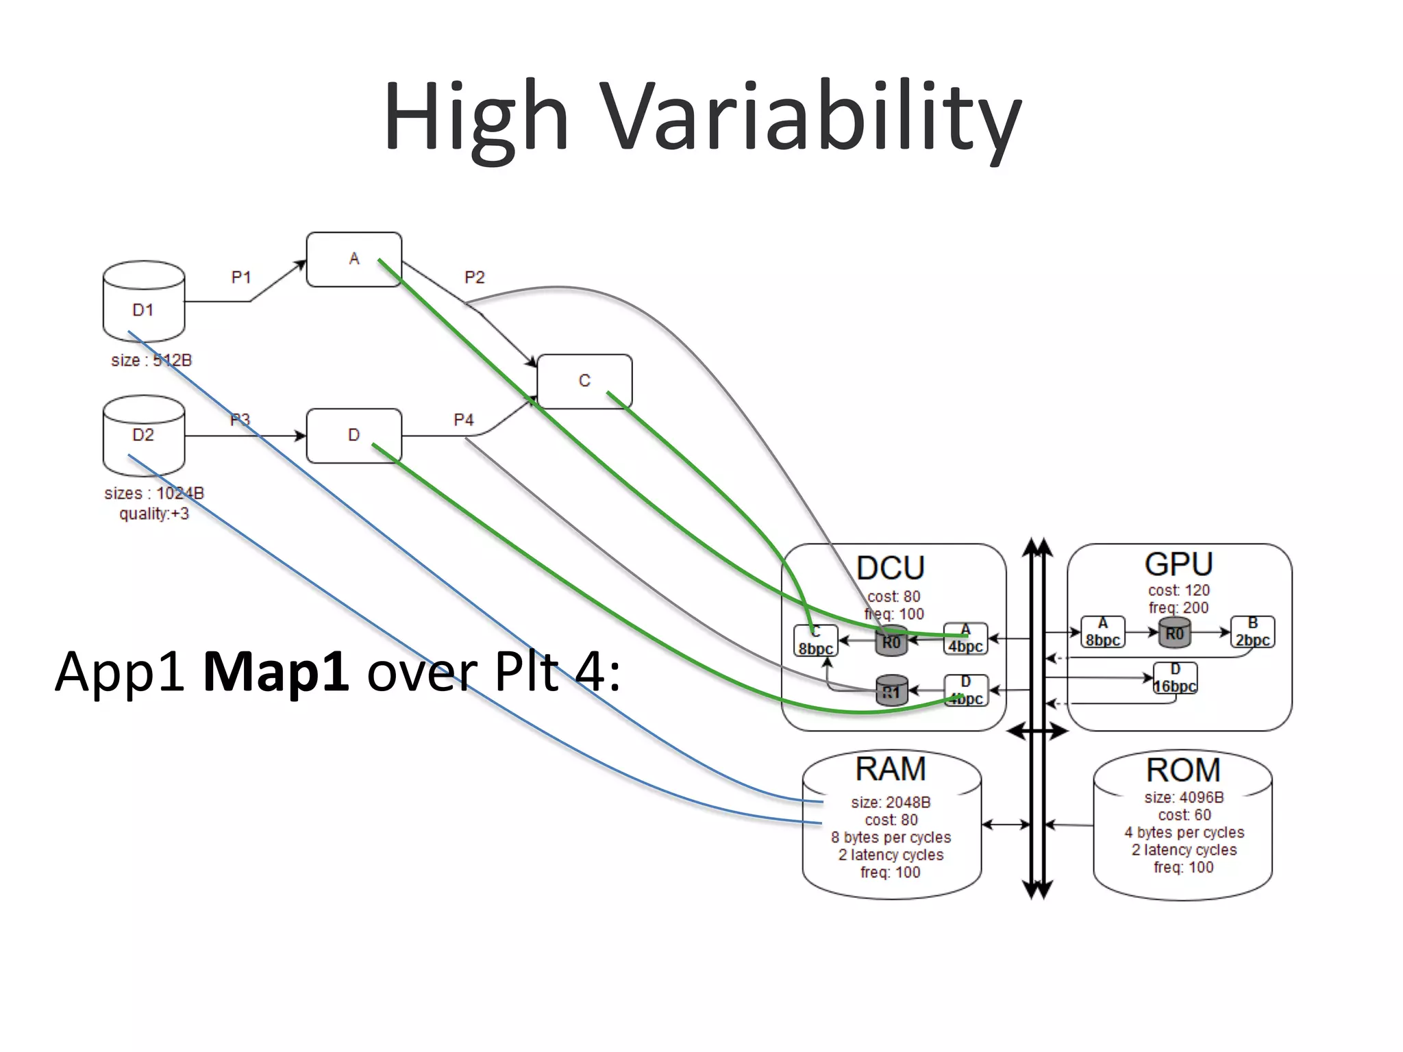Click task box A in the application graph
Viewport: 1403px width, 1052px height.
(353, 259)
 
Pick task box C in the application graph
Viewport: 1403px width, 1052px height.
(584, 381)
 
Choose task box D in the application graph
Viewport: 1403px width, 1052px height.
(353, 435)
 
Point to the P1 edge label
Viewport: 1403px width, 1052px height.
(241, 277)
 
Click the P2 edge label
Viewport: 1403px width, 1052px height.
(474, 277)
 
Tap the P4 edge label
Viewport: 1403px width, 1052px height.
(464, 419)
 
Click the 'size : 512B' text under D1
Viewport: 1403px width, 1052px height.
(151, 360)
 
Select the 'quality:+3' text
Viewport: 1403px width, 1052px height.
(154, 514)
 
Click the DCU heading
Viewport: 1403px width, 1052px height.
(890, 568)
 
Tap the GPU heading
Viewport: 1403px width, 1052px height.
(1178, 564)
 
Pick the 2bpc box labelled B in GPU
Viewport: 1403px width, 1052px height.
(1252, 632)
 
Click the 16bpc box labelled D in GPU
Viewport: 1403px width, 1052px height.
(1175, 679)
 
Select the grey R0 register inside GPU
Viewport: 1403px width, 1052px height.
(1174, 634)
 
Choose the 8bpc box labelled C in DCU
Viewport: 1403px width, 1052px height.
(815, 641)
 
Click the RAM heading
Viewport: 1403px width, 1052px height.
(890, 769)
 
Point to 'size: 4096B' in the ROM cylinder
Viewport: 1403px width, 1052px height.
(1183, 797)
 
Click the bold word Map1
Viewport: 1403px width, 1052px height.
(276, 672)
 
